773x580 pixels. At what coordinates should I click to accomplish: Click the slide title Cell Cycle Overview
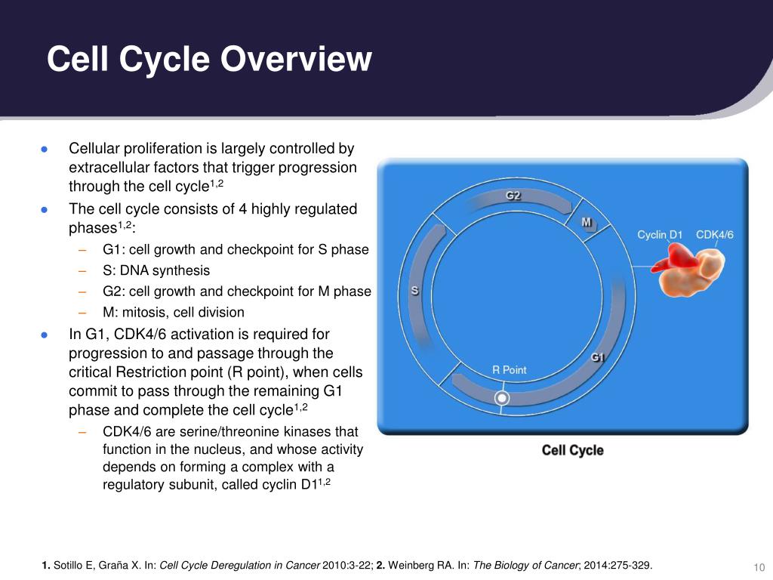[209, 60]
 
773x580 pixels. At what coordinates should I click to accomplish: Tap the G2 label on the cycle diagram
[513, 196]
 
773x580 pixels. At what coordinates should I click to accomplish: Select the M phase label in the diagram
[587, 222]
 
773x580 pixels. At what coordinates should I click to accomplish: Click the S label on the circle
[414, 291]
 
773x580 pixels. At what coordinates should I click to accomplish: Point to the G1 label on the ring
[597, 356]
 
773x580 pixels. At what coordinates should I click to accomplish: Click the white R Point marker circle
[502, 397]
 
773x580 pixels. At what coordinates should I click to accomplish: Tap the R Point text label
[509, 370]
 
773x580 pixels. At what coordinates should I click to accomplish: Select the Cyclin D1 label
[659, 235]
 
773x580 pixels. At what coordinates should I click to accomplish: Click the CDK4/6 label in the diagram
[714, 235]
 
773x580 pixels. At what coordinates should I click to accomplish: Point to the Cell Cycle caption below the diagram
[572, 450]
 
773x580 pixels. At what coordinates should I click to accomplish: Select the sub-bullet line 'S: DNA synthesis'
[156, 270]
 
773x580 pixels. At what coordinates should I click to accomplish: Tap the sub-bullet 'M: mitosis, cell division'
[174, 312]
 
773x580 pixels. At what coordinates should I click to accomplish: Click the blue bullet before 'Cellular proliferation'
[45, 149]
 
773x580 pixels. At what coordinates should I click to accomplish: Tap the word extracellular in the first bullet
[106, 168]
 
